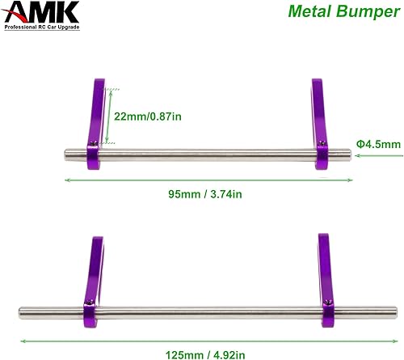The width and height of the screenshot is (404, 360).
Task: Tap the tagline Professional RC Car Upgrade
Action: [54, 30]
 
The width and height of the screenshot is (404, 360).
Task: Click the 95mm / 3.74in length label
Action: [206, 194]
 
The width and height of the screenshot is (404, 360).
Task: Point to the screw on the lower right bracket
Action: [329, 302]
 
